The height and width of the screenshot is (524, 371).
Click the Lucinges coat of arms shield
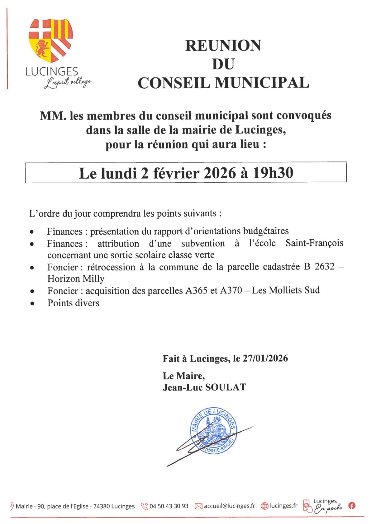pos(51,40)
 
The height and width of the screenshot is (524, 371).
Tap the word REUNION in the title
pos(223,46)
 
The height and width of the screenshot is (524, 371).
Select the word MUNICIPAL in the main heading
pos(262,83)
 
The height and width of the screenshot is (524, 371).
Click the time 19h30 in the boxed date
pos(273,173)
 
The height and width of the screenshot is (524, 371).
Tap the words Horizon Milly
pos(76,278)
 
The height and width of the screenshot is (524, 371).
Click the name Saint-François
pos(314,243)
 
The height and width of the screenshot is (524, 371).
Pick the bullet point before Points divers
pos(32,303)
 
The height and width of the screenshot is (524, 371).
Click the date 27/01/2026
pos(265,358)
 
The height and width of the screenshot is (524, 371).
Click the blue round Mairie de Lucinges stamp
pos(214,431)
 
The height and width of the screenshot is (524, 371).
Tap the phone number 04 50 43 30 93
pos(169,506)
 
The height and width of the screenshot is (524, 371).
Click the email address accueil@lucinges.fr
pos(229,506)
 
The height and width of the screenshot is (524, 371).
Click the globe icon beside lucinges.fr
pos(264,506)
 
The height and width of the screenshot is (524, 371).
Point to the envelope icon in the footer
pos(198,506)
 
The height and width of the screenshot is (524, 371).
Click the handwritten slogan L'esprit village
pos(68,83)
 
